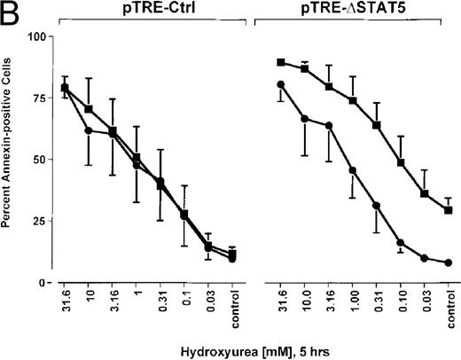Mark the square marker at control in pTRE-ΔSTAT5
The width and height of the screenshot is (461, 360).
pyautogui.click(x=449, y=210)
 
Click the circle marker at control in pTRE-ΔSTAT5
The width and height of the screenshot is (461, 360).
pyautogui.click(x=449, y=262)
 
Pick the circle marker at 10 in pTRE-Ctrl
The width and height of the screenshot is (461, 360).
pyautogui.click(x=88, y=130)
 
